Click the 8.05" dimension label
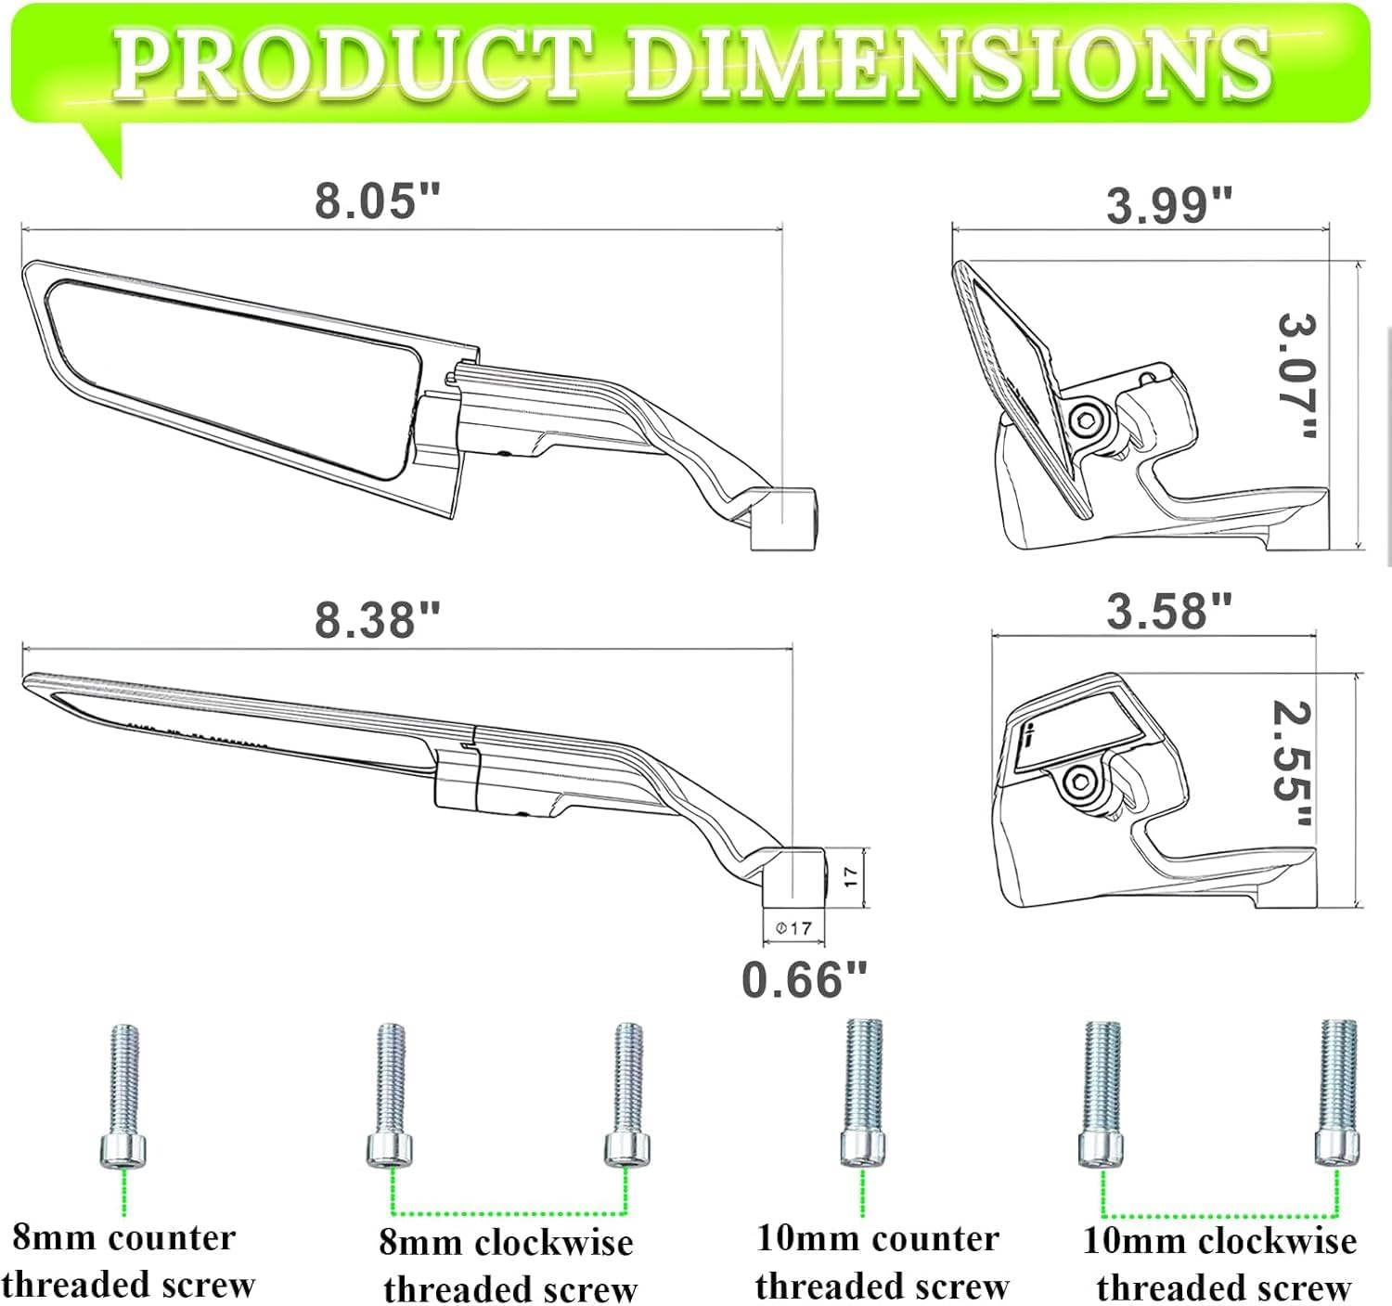coord(377,201)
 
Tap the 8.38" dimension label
coord(377,619)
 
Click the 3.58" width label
coord(1168,611)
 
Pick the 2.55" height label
coord(1292,764)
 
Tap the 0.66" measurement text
coord(804,979)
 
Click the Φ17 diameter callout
coord(794,928)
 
